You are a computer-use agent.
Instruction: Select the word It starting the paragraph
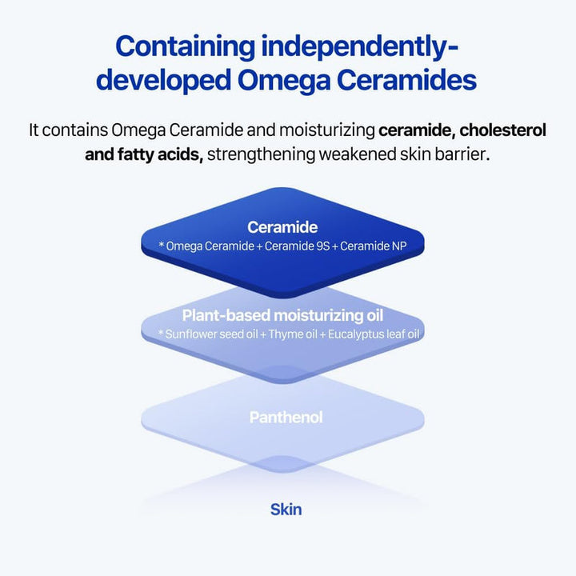(x=34, y=130)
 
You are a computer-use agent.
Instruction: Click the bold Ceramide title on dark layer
(x=282, y=228)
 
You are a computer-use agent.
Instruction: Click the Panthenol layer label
(x=286, y=418)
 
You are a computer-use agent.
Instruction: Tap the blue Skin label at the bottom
(x=286, y=509)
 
